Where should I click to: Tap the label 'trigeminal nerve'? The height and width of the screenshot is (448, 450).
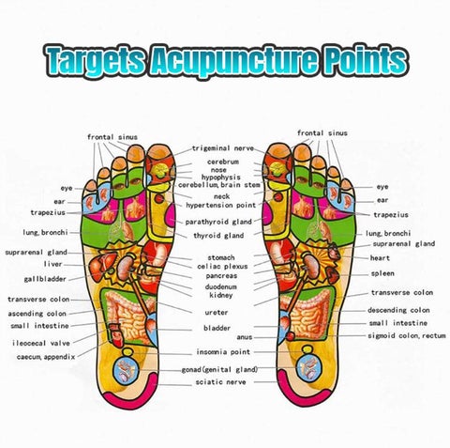[223, 148]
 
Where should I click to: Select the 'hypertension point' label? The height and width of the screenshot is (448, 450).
[221, 206]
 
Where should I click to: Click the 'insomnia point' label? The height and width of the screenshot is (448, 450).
[223, 352]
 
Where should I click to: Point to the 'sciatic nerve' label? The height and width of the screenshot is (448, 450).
[220, 382]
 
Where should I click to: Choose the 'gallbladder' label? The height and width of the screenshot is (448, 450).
[45, 279]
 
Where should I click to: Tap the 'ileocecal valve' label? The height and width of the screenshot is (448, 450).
[41, 343]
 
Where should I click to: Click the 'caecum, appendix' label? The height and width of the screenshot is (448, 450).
[46, 357]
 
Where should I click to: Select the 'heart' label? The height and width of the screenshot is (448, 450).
[380, 258]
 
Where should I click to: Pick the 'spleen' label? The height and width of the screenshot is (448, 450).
[382, 273]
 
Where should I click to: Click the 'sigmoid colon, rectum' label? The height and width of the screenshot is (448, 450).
[407, 335]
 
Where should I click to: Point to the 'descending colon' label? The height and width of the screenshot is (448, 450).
[398, 310]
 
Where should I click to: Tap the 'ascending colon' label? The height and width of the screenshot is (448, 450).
[37, 314]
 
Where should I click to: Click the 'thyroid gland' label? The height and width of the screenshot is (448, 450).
[218, 236]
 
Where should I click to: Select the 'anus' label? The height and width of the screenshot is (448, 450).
[245, 337]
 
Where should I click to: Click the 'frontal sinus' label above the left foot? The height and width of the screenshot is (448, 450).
[112, 137]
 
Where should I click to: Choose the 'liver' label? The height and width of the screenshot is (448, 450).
[52, 264]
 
